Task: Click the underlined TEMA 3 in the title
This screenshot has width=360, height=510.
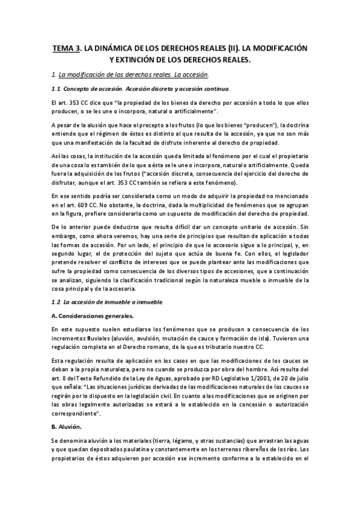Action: coord(66,48)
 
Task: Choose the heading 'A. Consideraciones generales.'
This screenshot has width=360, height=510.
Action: coord(93,315)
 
